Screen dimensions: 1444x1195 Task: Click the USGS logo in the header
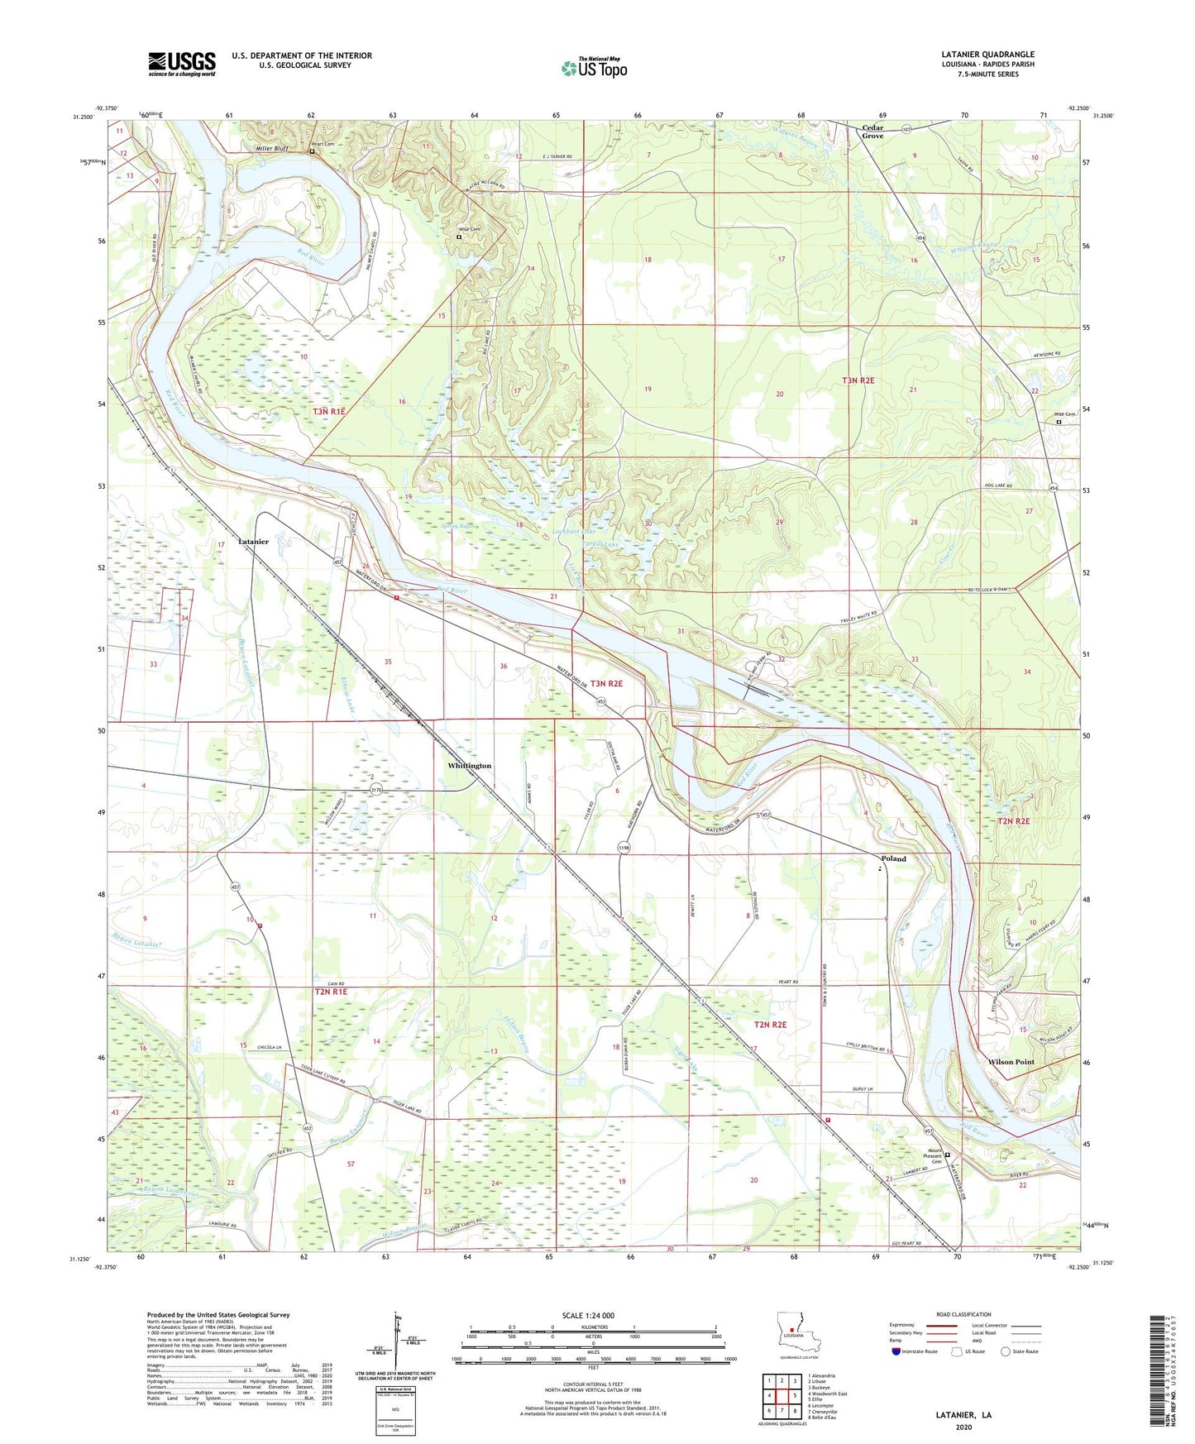(182, 64)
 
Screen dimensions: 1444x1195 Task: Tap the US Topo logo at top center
(594, 68)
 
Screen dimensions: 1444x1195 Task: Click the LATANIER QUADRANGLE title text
(987, 55)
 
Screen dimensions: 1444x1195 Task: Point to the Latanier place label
(253, 541)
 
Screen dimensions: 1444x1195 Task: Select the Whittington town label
(469, 766)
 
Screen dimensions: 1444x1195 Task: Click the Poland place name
(893, 858)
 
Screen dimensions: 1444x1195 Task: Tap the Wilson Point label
(1011, 1062)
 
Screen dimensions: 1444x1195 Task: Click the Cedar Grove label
(872, 131)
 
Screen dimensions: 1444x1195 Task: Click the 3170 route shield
(376, 791)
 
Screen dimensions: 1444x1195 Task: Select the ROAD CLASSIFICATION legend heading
(963, 1314)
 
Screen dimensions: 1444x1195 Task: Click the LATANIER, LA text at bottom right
(963, 1415)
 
